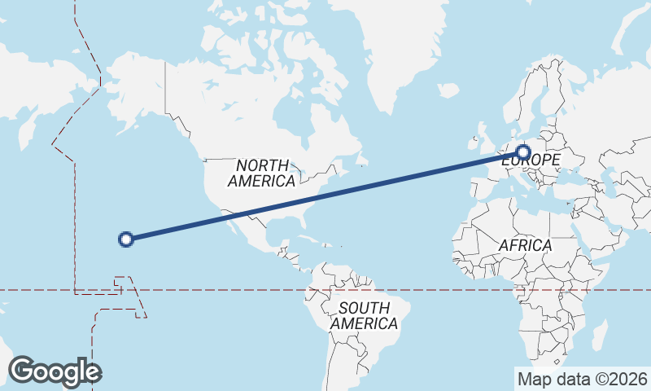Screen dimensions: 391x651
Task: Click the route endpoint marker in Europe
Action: [x=523, y=152]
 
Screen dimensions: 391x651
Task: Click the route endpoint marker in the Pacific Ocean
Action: [x=125, y=239]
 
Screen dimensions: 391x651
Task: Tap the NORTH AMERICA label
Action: [x=262, y=173]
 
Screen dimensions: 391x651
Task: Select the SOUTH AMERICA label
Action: [x=364, y=315]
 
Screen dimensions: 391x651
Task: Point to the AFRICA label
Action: [x=525, y=245]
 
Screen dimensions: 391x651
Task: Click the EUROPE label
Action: [x=530, y=161]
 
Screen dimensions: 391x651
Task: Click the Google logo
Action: [x=55, y=371]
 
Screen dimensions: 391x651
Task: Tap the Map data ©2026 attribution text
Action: [x=582, y=378]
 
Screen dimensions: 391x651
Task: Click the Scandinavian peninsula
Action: [x=534, y=98]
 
